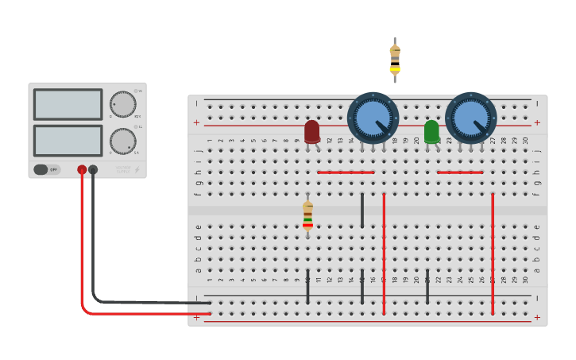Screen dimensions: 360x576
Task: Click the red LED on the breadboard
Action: coord(311,131)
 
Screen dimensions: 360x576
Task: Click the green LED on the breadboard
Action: coord(431,131)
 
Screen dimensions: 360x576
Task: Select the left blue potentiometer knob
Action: coord(373,118)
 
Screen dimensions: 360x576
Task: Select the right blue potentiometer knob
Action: coord(470,118)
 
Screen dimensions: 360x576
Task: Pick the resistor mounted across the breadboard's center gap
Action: coord(307,215)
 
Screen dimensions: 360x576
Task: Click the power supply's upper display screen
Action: coord(68,104)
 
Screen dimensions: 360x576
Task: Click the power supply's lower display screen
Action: coord(68,141)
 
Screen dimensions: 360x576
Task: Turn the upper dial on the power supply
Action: coord(122,104)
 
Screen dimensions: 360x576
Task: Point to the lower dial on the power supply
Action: coord(122,141)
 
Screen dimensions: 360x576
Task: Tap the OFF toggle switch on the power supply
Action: coord(47,169)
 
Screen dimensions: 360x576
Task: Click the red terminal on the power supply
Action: coord(82,169)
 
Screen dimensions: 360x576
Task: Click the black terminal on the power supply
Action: coord(93,169)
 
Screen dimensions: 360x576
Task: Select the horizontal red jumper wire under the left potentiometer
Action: coord(346,172)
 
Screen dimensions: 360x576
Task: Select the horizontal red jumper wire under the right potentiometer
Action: coord(460,172)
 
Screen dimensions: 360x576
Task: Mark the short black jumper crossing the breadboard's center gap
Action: coord(362,210)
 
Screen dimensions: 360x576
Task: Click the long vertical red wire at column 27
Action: coord(493,254)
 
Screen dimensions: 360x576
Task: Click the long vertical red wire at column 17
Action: coord(384,254)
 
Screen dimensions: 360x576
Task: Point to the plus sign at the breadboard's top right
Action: coord(537,122)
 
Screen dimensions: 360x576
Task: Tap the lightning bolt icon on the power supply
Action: coord(137,169)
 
